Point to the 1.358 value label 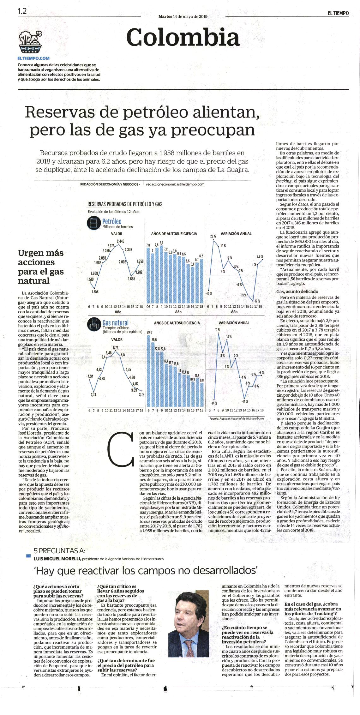tap(95, 291)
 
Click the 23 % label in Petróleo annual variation tap(213, 236)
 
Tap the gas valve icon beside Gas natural tap(93, 324)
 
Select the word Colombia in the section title tap(183, 37)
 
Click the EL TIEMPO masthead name tap(338, 13)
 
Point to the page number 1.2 tap(22, 11)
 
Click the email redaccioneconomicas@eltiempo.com tap(176, 184)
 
